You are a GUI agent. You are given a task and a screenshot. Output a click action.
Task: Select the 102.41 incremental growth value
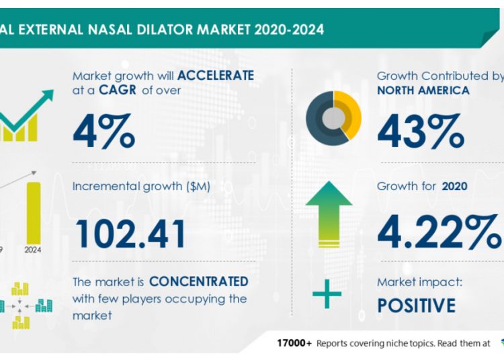click(130, 232)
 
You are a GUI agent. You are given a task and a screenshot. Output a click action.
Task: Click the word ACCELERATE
click(214, 76)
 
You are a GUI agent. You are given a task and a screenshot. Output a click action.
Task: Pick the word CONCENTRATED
click(198, 281)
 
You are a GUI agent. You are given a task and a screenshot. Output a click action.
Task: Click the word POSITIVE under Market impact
click(416, 306)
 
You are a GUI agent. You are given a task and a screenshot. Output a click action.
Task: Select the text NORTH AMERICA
click(423, 90)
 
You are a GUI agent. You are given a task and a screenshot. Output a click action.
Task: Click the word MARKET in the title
click(216, 30)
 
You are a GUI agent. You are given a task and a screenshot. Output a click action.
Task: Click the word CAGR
click(106, 90)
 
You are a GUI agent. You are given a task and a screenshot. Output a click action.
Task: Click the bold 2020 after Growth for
click(455, 187)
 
